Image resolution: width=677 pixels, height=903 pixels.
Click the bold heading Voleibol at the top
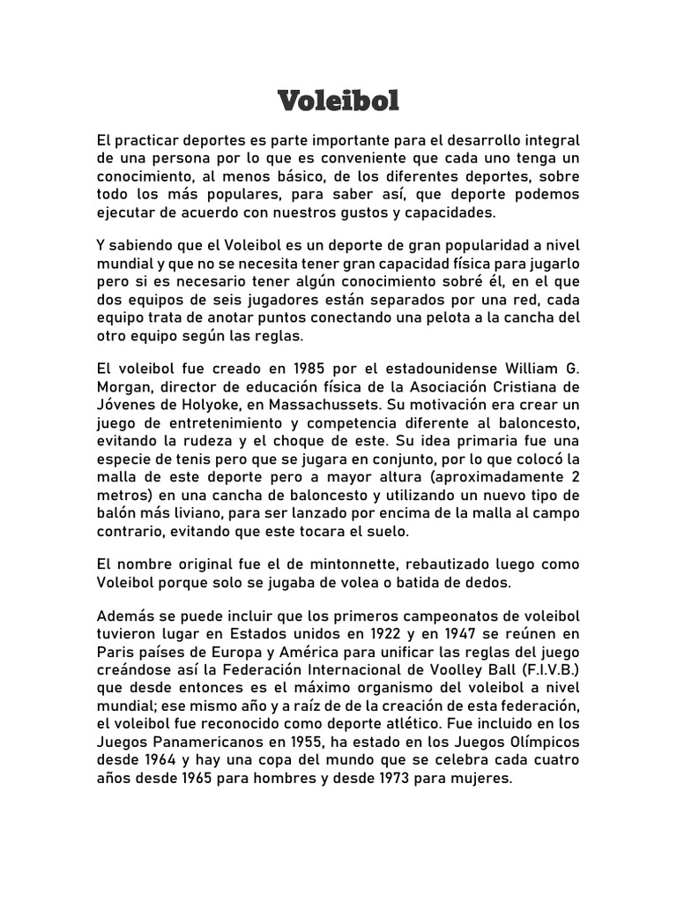pos(338,101)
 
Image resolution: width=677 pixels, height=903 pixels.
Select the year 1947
pos(469,632)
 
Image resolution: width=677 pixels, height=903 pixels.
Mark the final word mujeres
pos(483,780)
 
